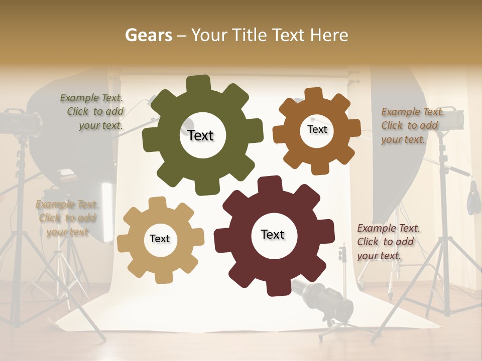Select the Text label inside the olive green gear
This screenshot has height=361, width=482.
[200, 135]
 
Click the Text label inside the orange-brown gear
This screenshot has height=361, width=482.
[317, 129]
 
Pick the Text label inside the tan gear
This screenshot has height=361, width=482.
[160, 239]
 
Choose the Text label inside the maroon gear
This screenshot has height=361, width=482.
[273, 234]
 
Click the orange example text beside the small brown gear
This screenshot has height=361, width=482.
[412, 125]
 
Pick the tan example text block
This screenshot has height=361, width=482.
[67, 218]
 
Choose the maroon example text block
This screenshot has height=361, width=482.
[388, 242]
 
